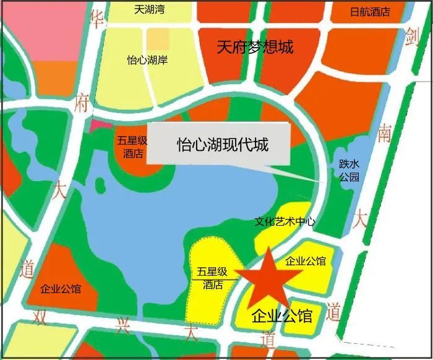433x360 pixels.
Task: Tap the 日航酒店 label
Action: click(x=370, y=12)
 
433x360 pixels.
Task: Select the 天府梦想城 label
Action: click(x=254, y=47)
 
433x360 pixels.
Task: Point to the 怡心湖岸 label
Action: click(x=147, y=61)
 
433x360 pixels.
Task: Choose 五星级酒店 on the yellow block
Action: click(x=213, y=278)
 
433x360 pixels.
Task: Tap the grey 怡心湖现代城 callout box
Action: click(x=220, y=145)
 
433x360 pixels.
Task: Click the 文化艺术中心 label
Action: click(x=285, y=221)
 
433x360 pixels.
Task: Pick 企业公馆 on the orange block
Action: click(x=60, y=289)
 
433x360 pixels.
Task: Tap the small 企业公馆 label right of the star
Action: click(x=306, y=262)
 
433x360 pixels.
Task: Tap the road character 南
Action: click(x=385, y=134)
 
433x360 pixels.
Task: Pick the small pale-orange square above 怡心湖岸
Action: click(x=154, y=39)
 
